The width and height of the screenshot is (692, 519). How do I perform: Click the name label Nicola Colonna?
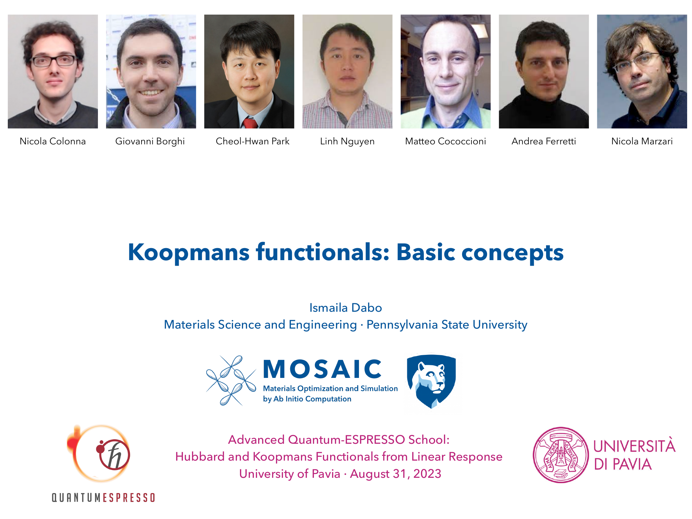53,141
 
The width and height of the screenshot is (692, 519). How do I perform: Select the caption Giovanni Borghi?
150,141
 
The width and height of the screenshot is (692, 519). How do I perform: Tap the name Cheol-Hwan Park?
252,141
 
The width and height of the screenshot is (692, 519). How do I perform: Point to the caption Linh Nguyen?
347,141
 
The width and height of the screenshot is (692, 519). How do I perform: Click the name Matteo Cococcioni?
445,141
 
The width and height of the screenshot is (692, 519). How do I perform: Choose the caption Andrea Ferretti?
543,141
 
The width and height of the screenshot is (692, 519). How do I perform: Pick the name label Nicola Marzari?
642,141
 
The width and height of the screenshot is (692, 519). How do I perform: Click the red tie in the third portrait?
250,124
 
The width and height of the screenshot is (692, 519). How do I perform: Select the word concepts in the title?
512,253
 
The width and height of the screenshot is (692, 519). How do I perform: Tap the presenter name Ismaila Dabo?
346,308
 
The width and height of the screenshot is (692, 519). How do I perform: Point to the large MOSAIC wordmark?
322,369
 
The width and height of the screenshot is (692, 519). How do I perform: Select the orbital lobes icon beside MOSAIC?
231,380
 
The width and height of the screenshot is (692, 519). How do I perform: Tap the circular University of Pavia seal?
561,455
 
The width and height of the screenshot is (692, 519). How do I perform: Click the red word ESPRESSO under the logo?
129,498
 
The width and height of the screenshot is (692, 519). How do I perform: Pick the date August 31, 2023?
396,474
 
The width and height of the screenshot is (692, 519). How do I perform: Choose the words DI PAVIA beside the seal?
623,465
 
